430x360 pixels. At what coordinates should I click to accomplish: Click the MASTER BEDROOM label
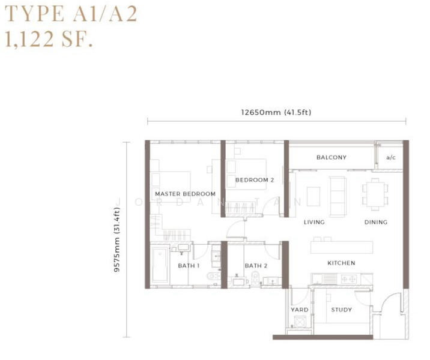click(x=185, y=194)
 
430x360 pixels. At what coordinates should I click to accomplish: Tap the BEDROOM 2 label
click(x=255, y=180)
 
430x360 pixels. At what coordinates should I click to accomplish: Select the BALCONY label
click(x=332, y=157)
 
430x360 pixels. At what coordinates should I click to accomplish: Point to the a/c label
click(x=391, y=157)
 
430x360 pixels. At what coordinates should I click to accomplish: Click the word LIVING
click(x=314, y=222)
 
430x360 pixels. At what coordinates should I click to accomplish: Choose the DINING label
click(x=376, y=222)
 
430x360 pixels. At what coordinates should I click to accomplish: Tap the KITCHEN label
click(x=341, y=263)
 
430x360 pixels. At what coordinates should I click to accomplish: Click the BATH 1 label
click(x=189, y=266)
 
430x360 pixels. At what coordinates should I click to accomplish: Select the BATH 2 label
click(x=256, y=266)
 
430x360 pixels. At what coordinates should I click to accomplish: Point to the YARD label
click(x=300, y=310)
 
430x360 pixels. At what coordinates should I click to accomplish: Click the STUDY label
click(x=341, y=310)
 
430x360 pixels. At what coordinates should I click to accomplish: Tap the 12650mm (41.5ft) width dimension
click(x=276, y=112)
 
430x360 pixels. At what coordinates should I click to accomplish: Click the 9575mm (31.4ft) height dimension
click(x=117, y=240)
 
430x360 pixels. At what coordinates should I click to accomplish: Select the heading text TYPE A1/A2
click(x=71, y=14)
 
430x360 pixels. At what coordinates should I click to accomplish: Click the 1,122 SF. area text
click(x=49, y=39)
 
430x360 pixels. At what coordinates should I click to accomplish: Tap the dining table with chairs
click(x=375, y=194)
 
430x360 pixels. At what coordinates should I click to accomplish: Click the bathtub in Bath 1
click(x=160, y=265)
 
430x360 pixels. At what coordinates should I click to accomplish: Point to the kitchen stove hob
click(x=348, y=279)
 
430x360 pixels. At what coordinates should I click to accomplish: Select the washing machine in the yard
click(x=300, y=321)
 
